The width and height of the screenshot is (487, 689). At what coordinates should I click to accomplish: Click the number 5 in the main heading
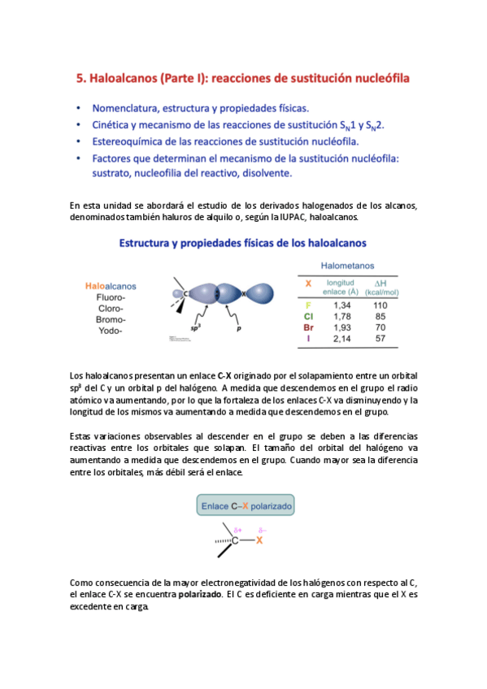click(x=80, y=79)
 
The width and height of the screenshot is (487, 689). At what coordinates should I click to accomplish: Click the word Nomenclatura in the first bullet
click(x=126, y=107)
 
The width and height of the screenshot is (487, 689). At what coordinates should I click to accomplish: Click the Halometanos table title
click(x=348, y=264)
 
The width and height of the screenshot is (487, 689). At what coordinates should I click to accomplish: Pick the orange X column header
click(x=308, y=284)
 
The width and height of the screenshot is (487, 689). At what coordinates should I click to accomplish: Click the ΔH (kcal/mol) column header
click(x=380, y=287)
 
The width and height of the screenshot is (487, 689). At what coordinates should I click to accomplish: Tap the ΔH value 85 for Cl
click(x=380, y=315)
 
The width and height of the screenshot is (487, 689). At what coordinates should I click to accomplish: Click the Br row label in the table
click(x=308, y=327)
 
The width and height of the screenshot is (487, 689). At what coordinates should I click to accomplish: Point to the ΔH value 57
click(x=380, y=338)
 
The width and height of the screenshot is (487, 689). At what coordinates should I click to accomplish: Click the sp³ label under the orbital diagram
click(x=196, y=329)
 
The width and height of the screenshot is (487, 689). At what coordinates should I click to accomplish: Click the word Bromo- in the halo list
click(x=110, y=319)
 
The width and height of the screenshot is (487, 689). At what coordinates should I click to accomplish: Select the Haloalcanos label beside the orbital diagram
click(x=111, y=286)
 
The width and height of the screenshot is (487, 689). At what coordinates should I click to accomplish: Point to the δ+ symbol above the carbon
click(x=237, y=529)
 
